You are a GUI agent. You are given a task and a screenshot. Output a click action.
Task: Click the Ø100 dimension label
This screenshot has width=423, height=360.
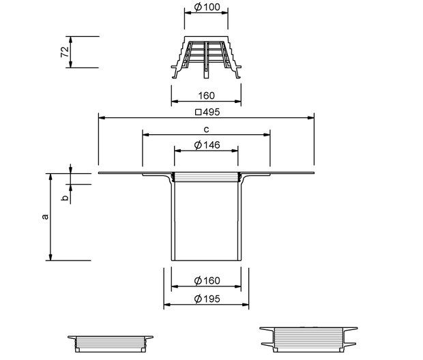(x=207, y=7)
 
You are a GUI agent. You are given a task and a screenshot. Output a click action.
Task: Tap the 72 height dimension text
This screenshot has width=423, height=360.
(x=65, y=52)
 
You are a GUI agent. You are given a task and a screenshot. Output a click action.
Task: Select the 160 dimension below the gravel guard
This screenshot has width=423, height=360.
(x=206, y=95)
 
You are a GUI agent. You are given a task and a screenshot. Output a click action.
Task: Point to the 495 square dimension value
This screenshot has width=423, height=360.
(x=211, y=112)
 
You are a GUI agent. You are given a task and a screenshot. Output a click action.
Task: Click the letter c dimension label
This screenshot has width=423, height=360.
(x=206, y=130)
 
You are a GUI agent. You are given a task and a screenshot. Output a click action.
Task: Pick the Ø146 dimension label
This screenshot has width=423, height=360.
(x=207, y=145)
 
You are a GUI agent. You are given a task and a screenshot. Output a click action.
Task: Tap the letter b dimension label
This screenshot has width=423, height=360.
(x=65, y=198)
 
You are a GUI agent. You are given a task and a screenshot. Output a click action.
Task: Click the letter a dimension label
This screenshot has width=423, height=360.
(x=45, y=217)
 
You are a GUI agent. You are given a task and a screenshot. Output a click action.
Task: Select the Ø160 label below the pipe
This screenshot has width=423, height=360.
(x=207, y=281)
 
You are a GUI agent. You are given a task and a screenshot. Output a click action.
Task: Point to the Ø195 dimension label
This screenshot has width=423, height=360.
(x=207, y=299)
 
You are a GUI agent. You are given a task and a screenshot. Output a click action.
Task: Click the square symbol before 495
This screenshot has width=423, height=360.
(x=199, y=112)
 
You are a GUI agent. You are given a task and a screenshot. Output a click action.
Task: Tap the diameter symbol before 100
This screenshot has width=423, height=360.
(x=198, y=7)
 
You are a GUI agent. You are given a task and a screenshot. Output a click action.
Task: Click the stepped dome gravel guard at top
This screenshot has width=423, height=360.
(x=206, y=57)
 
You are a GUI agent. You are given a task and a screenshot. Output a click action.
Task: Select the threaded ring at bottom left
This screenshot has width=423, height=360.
(x=111, y=344)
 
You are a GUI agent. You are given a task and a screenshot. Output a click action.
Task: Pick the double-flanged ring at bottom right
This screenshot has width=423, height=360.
(x=308, y=340)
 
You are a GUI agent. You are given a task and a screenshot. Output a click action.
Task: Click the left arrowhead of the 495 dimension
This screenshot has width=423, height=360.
(x=102, y=118)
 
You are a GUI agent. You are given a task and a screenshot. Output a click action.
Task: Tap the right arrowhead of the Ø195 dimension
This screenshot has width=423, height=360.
(x=246, y=305)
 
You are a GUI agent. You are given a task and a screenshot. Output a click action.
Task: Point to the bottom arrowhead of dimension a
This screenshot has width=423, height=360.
(x=50, y=257)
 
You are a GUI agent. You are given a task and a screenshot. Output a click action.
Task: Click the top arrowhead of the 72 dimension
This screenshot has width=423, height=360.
(x=71, y=40)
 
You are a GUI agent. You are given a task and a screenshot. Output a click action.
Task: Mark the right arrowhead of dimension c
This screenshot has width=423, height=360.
(x=267, y=134)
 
